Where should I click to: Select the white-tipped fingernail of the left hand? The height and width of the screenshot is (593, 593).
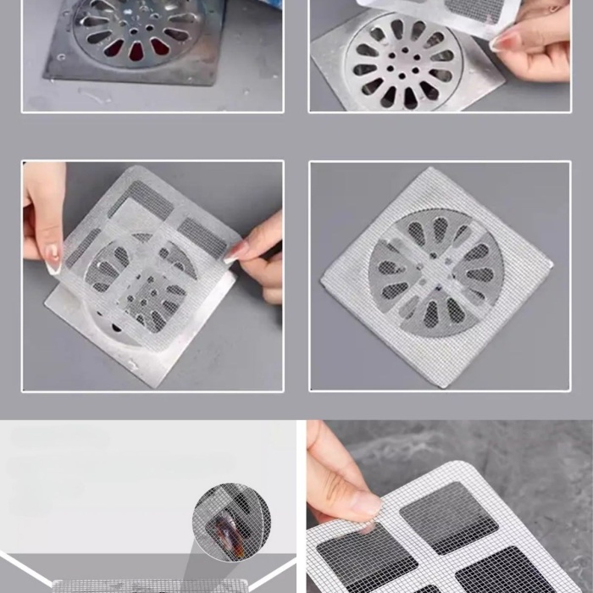tap(53, 258)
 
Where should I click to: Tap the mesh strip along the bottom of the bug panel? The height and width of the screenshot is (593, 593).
tap(152, 585)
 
